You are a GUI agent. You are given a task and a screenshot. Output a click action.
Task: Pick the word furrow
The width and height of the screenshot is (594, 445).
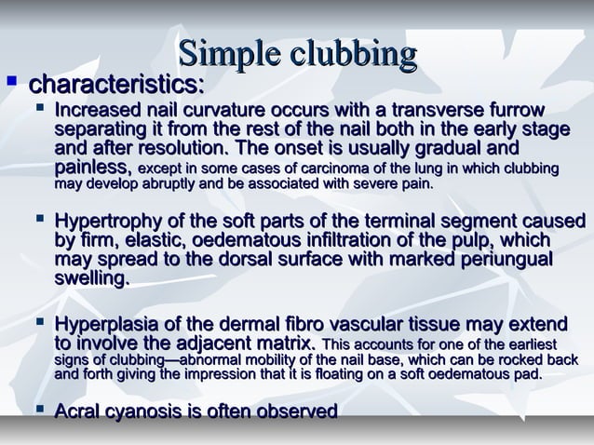coord(544,112)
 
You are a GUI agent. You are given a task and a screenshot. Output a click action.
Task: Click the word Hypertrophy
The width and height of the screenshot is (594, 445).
coord(113,222)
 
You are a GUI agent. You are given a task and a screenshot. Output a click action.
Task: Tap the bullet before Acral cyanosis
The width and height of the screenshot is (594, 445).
coord(37,411)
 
